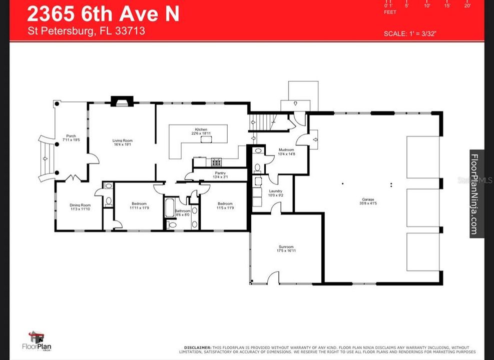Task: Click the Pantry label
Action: coord(221,174)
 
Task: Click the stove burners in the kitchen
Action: coord(216,161)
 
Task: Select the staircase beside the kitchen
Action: coord(263,121)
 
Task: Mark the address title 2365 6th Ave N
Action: coord(103,13)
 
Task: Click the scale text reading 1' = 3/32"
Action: coord(413,34)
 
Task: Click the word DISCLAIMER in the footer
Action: coord(198,347)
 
